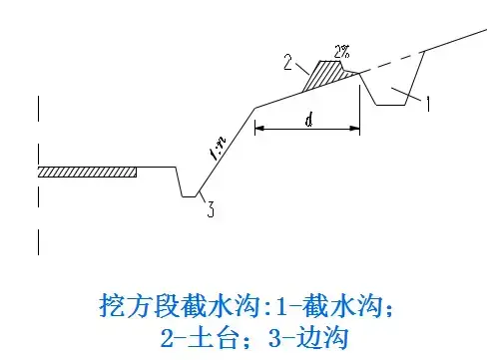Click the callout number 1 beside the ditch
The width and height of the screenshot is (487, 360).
428,104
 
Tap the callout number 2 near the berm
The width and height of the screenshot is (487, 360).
287,63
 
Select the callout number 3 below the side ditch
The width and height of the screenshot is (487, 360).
211,209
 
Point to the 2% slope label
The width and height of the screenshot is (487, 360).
342,52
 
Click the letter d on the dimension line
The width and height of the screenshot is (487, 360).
309,120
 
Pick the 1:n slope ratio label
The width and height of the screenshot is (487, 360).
218,149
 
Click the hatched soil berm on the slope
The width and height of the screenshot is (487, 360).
326,75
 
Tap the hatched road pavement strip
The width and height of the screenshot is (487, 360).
87,172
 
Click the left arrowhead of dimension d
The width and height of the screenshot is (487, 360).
259,128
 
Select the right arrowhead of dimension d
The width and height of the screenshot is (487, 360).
355,128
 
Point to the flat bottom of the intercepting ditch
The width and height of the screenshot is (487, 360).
391,105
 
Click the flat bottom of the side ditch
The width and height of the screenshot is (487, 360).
189,196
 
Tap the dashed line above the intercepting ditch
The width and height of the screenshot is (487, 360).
391,62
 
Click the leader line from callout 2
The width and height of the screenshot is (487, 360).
302,68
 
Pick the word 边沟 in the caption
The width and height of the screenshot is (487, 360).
322,338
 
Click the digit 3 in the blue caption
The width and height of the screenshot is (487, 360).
274,338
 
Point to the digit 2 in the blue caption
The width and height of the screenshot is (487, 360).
168,338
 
